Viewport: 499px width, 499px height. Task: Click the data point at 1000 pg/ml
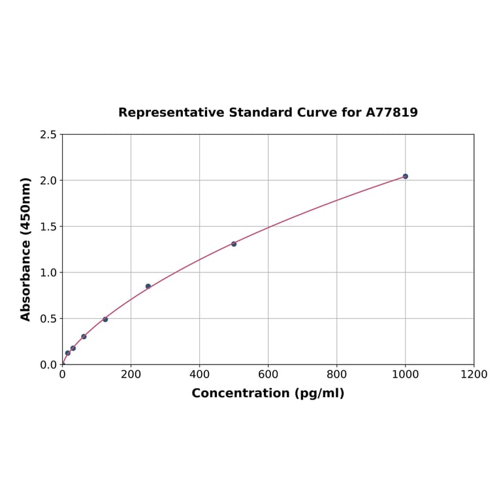(x=405, y=176)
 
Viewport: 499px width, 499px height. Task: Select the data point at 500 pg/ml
(x=234, y=244)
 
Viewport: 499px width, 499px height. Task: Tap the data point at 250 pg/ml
(x=148, y=286)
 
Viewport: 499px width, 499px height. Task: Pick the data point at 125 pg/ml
(x=105, y=319)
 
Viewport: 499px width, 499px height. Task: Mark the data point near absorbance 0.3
(x=84, y=336)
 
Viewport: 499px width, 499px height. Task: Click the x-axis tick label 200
(x=131, y=374)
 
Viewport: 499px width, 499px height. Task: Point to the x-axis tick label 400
(x=199, y=374)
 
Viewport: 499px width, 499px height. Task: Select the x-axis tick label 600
(x=268, y=374)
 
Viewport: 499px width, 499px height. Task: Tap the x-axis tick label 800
(x=336, y=374)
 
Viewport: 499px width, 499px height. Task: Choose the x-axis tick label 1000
(x=405, y=374)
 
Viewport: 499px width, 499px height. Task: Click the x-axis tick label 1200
(x=474, y=374)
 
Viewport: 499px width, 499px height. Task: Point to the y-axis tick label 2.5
(x=48, y=135)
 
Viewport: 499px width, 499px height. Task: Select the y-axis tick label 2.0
(x=48, y=180)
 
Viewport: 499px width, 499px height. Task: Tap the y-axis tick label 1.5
(x=48, y=227)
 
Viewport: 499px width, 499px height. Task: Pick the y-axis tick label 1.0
(x=48, y=272)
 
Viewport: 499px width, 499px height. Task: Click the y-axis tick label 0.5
(x=48, y=319)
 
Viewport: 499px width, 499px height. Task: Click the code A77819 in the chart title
(x=391, y=112)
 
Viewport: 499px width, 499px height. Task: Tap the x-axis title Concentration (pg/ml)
(x=268, y=393)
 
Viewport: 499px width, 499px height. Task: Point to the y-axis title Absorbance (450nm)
(x=26, y=249)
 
